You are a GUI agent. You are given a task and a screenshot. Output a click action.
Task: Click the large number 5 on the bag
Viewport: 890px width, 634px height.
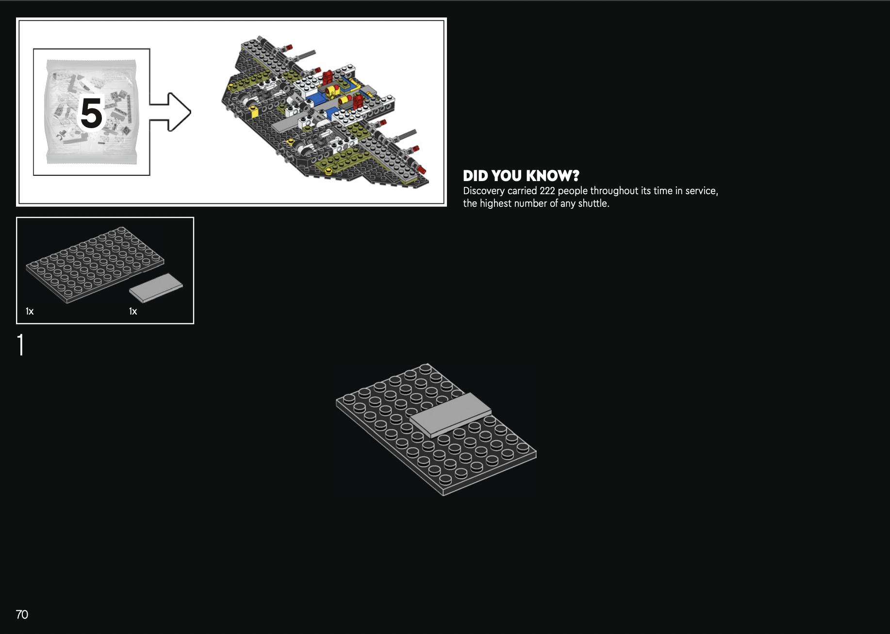pyautogui.click(x=91, y=114)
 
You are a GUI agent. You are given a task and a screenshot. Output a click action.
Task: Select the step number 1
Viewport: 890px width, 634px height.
pyautogui.click(x=20, y=345)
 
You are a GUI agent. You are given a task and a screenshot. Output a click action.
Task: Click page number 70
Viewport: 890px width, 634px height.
pyautogui.click(x=22, y=615)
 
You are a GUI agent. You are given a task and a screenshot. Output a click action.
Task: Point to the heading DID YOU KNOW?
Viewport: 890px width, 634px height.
pyautogui.click(x=521, y=176)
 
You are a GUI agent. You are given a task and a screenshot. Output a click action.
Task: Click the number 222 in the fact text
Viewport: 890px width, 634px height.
pyautogui.click(x=547, y=191)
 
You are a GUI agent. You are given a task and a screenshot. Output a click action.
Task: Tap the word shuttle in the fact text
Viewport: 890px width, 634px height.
pyautogui.click(x=593, y=203)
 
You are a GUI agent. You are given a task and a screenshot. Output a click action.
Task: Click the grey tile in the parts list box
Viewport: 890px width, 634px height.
pyautogui.click(x=156, y=287)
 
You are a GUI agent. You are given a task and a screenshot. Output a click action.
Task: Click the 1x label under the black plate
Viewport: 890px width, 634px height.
pyautogui.click(x=30, y=311)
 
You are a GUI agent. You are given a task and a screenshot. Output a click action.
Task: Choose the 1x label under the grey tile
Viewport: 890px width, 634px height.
pyautogui.click(x=133, y=311)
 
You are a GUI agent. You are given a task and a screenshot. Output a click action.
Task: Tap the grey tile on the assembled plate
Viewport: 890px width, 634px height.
pyautogui.click(x=450, y=414)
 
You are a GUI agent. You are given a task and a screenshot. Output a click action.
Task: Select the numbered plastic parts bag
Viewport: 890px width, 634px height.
pyautogui.click(x=91, y=112)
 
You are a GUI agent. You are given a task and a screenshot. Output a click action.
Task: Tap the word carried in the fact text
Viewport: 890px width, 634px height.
pyautogui.click(x=522, y=191)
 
